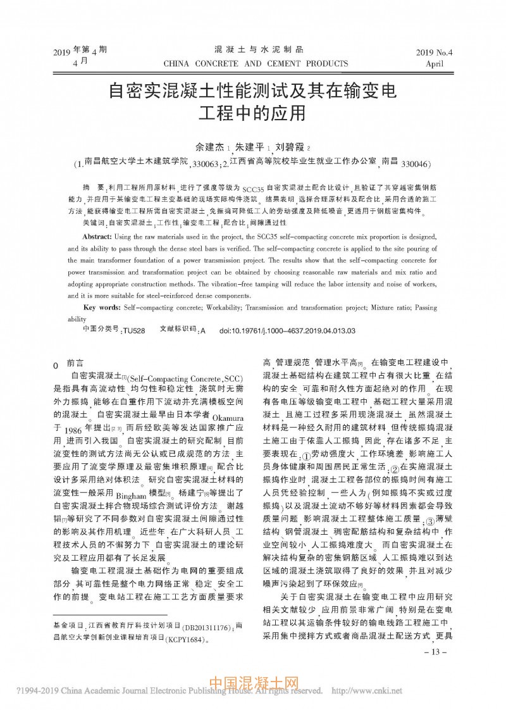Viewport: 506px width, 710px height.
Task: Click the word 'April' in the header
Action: point(435,64)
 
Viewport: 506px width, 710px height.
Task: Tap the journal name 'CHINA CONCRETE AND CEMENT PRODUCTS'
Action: point(256,63)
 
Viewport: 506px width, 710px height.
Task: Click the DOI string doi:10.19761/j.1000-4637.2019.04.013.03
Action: point(287,330)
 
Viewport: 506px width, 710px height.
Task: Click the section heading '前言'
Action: point(75,364)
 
